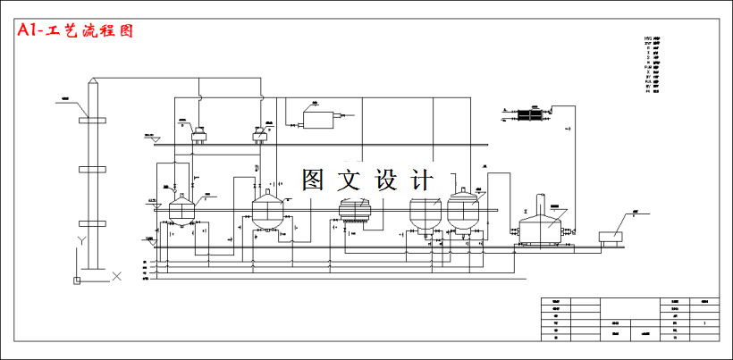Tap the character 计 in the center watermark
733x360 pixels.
pos(423,180)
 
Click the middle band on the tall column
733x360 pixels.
pos(92,168)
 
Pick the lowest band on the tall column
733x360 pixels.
pos(92,223)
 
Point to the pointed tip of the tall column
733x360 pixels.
pos(92,81)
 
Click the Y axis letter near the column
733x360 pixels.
pos(80,241)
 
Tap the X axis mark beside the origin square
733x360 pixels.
pos(116,277)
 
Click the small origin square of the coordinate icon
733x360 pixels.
pos(77,281)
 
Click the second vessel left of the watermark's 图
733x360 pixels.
pos(267,211)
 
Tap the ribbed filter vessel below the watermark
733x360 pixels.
pos(356,210)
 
